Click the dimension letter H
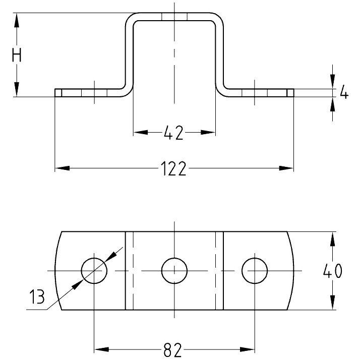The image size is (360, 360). pos(17,55)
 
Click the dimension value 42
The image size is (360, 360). pos(173,133)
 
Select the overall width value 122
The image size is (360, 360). pos(174,168)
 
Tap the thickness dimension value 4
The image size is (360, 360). pos(344,93)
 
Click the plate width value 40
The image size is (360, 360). pos(332,271)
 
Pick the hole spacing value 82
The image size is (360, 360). pos(172,349)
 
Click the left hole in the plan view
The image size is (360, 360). pos(94,271)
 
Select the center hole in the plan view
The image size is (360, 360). pos(174,271)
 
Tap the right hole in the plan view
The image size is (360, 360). pos(255,271)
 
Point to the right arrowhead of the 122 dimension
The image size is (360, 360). pos(287,168)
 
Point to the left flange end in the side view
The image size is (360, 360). pos(57,93)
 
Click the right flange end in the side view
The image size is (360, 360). pos(290,93)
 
